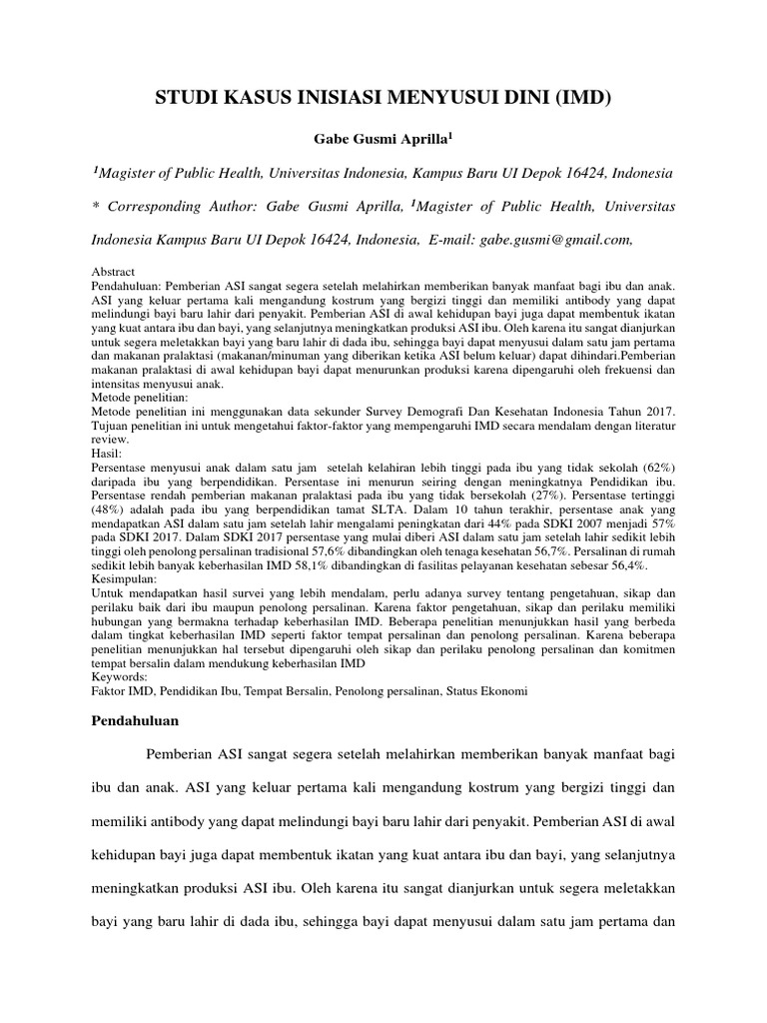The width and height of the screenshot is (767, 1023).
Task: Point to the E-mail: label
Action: (451, 240)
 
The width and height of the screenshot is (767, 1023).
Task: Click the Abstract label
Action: (114, 272)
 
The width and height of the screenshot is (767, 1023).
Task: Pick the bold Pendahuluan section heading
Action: (135, 719)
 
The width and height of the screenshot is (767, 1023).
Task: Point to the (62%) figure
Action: (653, 468)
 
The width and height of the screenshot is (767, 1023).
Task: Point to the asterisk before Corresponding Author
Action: (96, 207)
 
